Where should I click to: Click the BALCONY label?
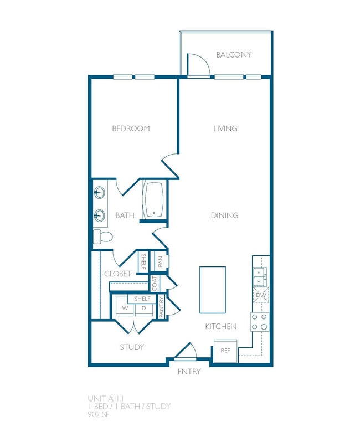pos(234,55)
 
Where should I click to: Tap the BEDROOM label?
pos(131,128)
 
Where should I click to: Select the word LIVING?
pos(225,128)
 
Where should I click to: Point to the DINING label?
pos(224,215)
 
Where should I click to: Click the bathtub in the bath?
pos(154,200)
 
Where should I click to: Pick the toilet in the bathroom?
pos(103,237)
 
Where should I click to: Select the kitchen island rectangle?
pos(213,290)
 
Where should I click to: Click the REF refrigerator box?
pos(225,351)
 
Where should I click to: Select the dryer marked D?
pos(143,307)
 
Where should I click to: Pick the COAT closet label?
pos(156,284)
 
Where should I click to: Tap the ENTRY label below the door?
pos(189,372)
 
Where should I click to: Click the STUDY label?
pos(132,347)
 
